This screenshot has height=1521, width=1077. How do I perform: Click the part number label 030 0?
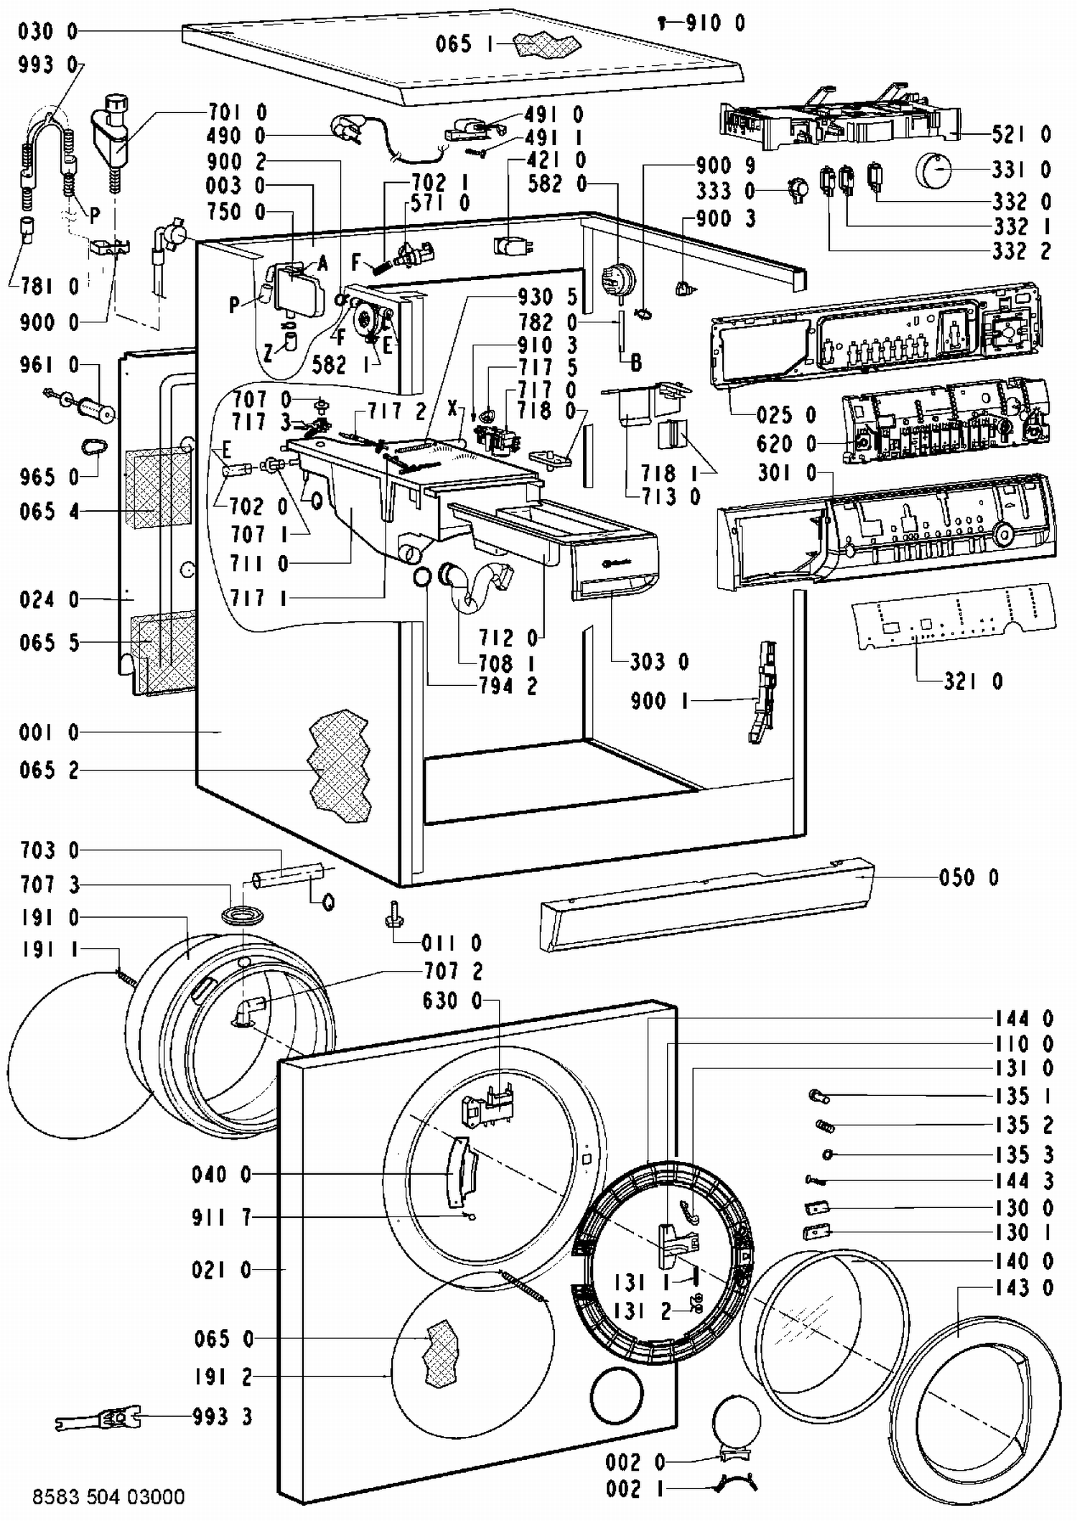[47, 32]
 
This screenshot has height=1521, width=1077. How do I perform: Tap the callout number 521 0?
[1022, 134]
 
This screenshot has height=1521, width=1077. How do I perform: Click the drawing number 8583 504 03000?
[108, 1497]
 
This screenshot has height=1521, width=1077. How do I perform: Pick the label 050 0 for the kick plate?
[969, 877]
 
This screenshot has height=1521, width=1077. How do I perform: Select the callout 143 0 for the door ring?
[1024, 1288]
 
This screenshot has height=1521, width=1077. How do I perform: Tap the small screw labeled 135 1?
[819, 1096]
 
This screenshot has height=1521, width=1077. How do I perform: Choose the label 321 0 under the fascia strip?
[973, 681]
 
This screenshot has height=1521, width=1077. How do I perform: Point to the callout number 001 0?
[49, 732]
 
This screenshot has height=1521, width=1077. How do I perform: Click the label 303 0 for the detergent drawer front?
[659, 661]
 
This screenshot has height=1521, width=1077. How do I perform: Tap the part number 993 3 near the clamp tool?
[223, 1417]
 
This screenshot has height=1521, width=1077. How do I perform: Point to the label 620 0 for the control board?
[786, 444]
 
